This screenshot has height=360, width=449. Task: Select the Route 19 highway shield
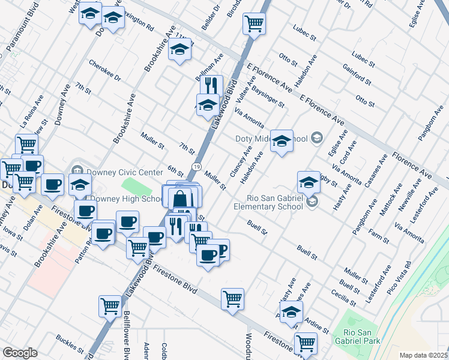pos(196,166)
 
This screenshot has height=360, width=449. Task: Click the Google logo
pos(20,353)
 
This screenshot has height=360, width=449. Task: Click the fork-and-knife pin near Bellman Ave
pos(211,85)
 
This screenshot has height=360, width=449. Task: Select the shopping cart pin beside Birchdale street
pos(254,24)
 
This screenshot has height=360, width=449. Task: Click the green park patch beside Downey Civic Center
pos(134,186)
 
